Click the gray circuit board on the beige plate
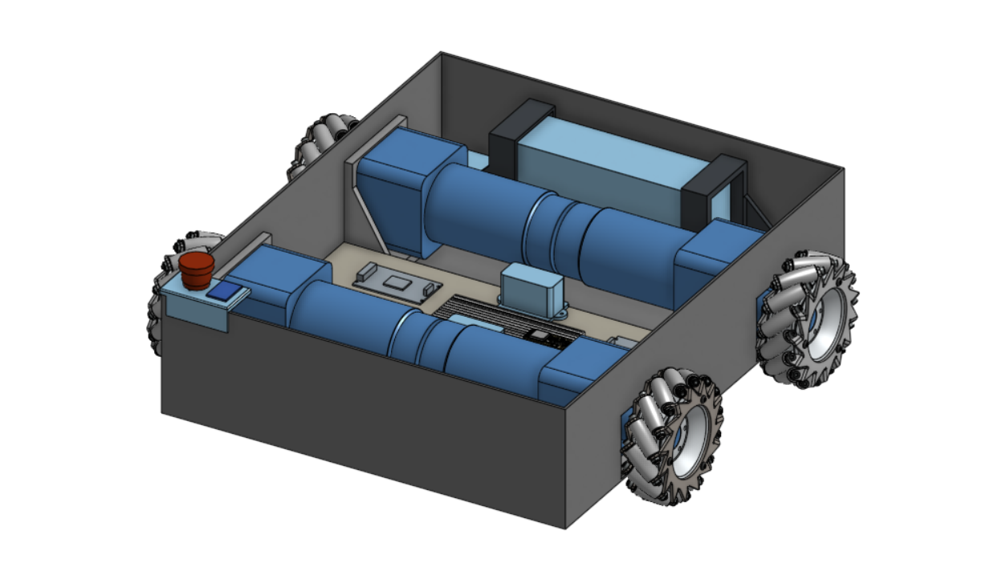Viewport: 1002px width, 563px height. [398, 281]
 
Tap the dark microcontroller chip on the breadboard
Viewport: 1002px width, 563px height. [540, 335]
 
